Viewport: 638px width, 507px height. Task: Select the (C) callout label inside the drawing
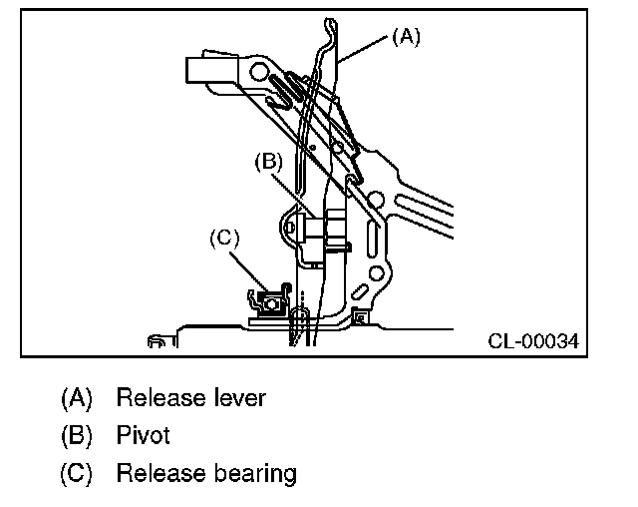pyautogui.click(x=225, y=238)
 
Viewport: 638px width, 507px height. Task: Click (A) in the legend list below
pyautogui.click(x=77, y=397)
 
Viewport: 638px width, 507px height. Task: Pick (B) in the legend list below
pyautogui.click(x=77, y=435)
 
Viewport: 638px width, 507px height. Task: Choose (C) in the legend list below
pyautogui.click(x=77, y=472)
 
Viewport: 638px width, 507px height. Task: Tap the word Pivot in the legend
pyautogui.click(x=144, y=435)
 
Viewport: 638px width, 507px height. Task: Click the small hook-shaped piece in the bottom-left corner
pyautogui.click(x=157, y=342)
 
